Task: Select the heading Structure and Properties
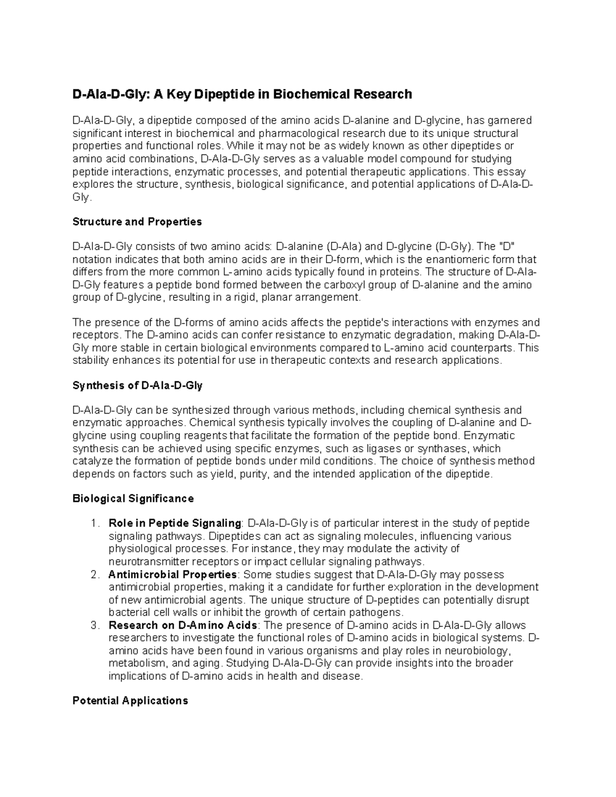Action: coord(137,222)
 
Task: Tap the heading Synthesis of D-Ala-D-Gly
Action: coord(138,385)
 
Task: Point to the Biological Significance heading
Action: coord(133,498)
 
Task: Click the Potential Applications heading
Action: coord(130,701)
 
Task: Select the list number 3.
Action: coord(93,625)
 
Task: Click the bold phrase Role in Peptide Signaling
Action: coord(175,523)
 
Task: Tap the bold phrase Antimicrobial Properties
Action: coord(172,574)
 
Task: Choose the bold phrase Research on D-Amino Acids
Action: coord(183,625)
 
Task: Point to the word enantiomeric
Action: coord(449,259)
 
